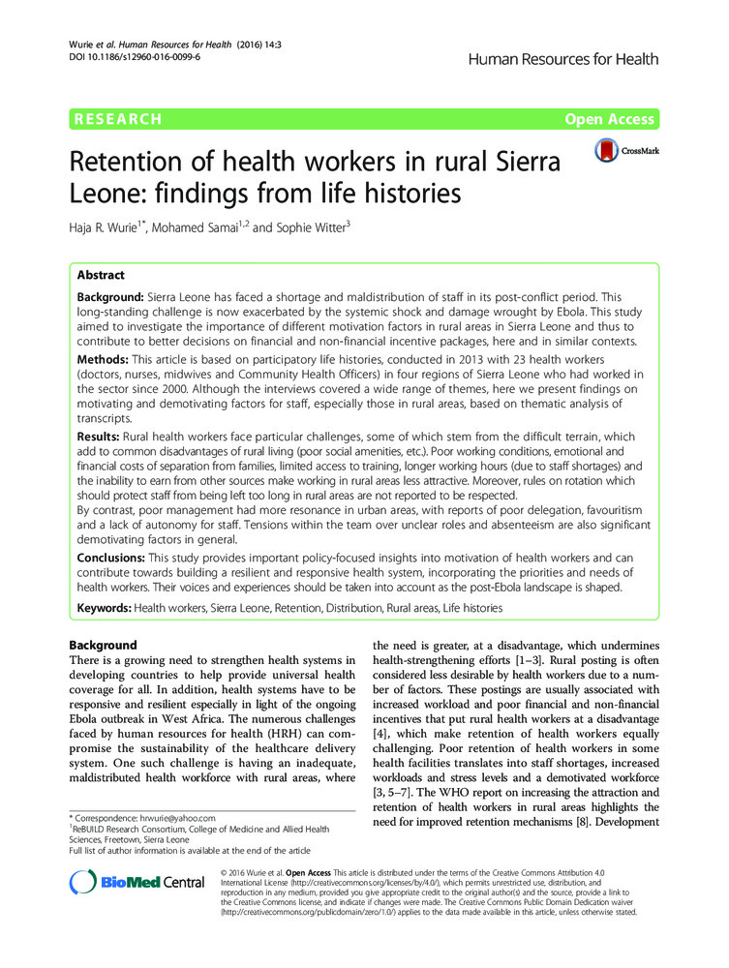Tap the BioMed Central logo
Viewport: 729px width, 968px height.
click(137, 882)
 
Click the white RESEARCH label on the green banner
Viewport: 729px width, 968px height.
click(115, 119)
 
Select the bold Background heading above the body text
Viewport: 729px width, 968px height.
click(104, 645)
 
